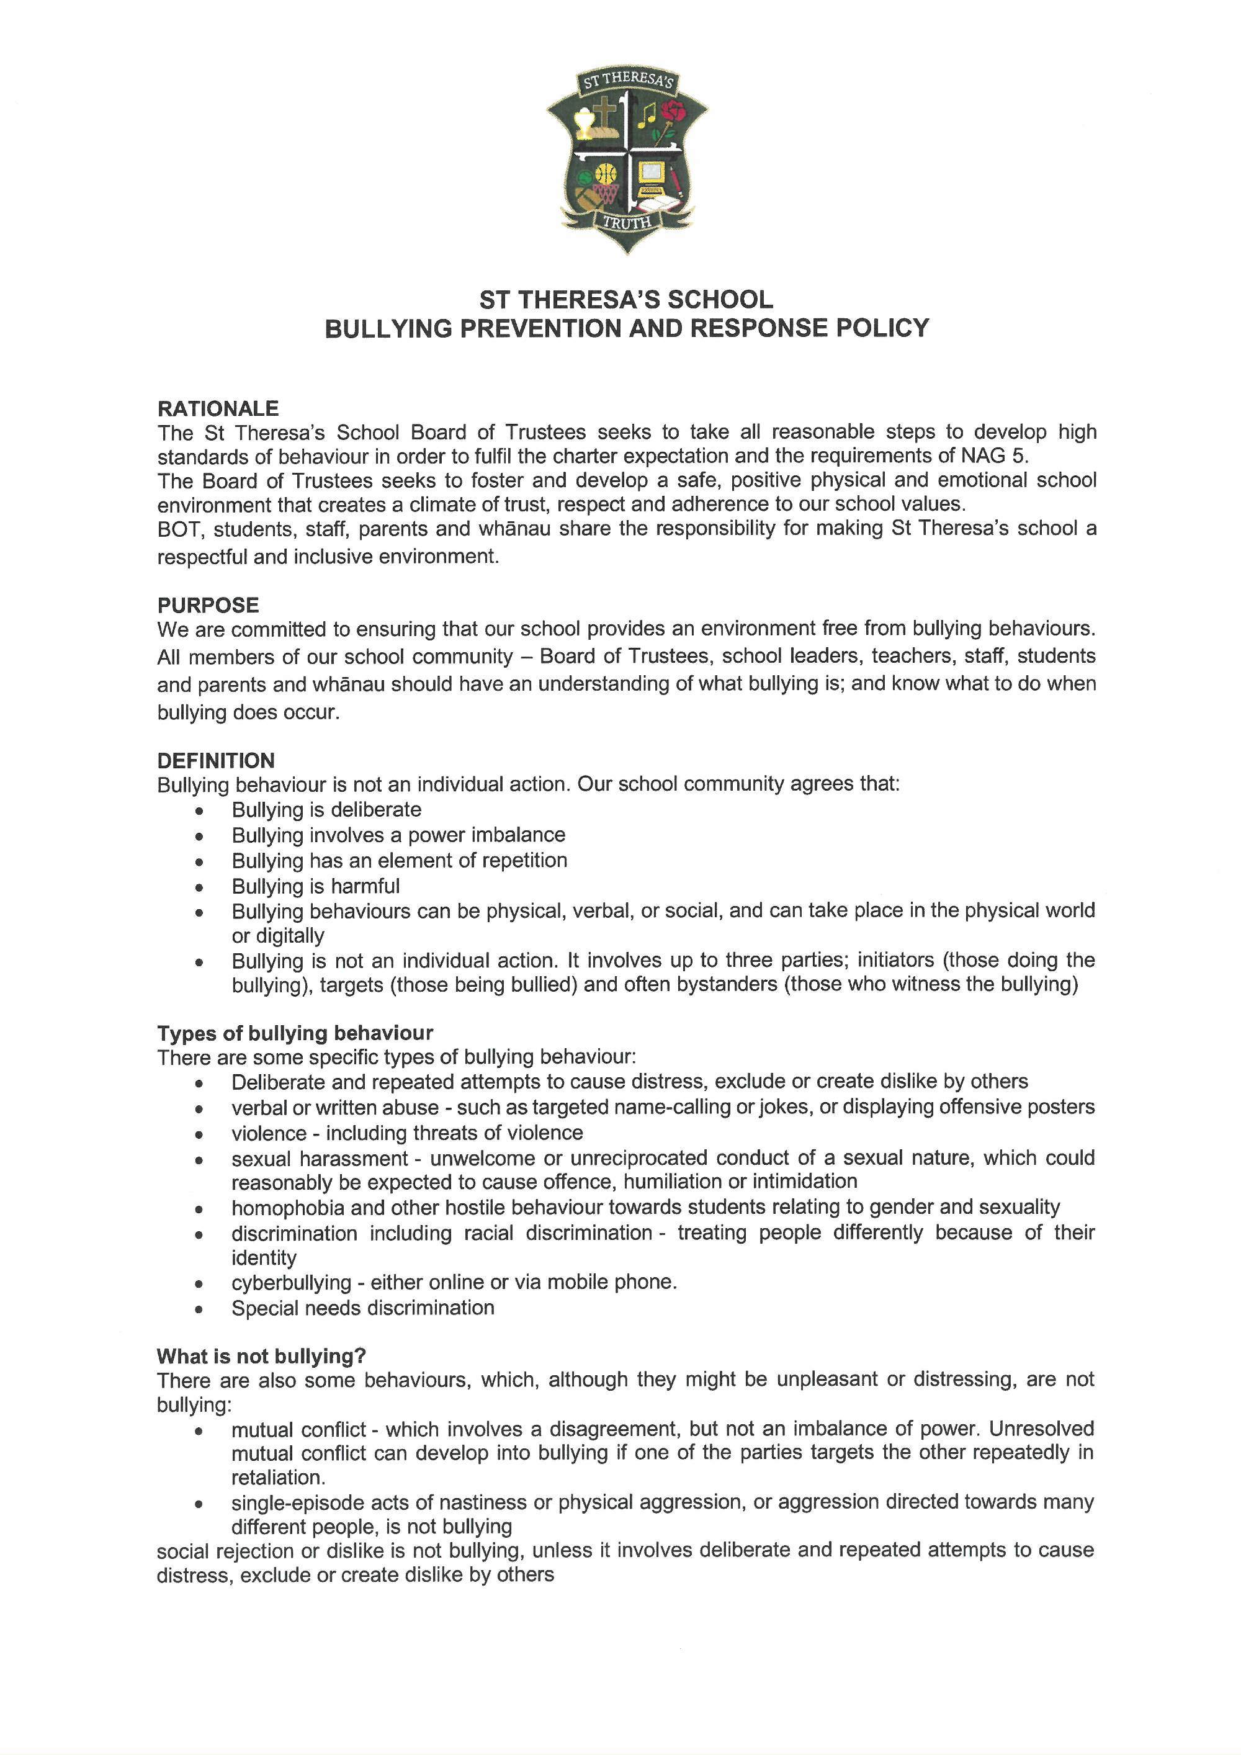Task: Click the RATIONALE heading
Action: [218, 408]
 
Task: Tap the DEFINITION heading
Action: [215, 761]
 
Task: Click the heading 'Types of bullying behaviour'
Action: [295, 1033]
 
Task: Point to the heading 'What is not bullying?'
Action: [261, 1356]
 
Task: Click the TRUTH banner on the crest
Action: [627, 222]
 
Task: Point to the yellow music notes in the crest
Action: [647, 115]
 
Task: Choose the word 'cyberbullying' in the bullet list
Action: [291, 1282]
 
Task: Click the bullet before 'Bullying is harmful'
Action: [199, 887]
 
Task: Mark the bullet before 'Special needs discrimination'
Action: [199, 1309]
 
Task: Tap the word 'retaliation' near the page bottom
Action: [277, 1477]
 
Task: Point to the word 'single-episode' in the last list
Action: [300, 1502]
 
